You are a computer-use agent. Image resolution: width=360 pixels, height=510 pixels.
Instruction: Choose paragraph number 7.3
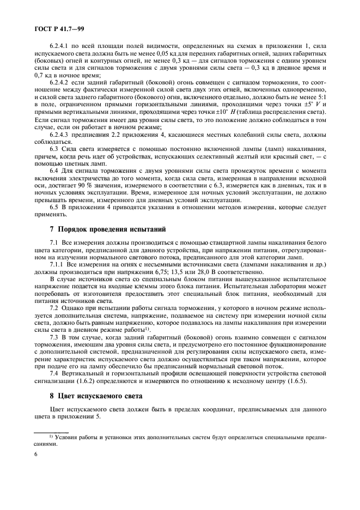coord(54,337)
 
